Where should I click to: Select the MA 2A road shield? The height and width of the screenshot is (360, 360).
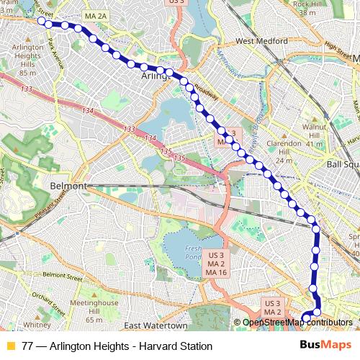click(95, 15)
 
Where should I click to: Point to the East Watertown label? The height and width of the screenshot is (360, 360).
click(150, 325)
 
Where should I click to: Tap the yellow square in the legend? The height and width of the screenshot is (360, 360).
click(10, 346)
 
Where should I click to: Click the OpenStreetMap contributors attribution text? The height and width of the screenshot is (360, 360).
click(297, 323)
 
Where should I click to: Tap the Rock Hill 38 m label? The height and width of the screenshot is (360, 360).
click(307, 7)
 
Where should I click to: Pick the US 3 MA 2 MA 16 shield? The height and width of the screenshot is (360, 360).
click(216, 264)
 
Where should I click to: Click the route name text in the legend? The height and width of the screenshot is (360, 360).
click(117, 346)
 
